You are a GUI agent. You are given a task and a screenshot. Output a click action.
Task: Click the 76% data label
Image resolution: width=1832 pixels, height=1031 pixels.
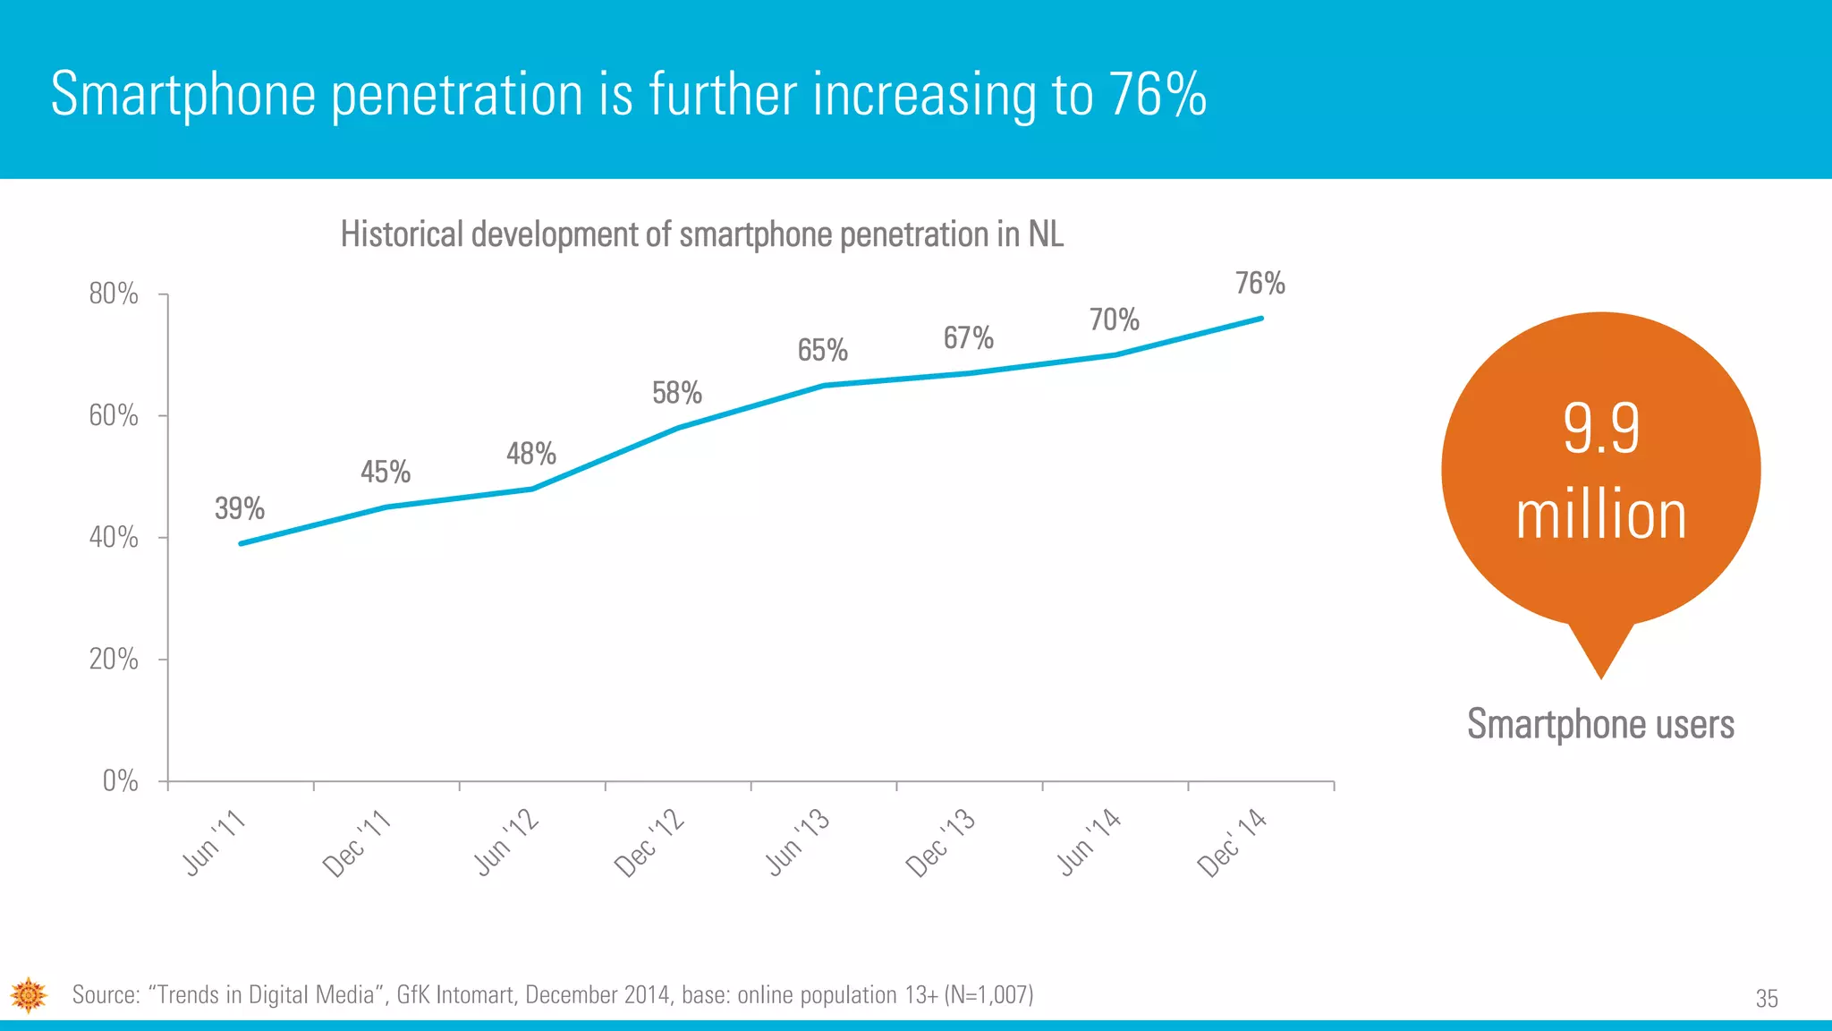1259,284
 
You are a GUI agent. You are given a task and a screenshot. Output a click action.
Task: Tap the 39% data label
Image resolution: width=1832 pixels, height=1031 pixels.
240,509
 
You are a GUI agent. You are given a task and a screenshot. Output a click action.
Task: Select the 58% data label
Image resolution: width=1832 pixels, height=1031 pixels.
676,393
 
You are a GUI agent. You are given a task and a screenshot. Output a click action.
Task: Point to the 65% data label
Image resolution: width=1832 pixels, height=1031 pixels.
822,350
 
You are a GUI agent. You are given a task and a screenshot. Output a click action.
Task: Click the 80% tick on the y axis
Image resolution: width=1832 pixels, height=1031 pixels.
114,294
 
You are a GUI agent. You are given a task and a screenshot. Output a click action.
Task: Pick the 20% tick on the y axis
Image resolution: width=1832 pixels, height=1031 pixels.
114,660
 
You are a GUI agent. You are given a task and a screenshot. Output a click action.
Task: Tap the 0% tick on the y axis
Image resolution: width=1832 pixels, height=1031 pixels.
120,781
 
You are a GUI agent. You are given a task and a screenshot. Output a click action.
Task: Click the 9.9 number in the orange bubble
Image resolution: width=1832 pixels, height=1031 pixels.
1601,429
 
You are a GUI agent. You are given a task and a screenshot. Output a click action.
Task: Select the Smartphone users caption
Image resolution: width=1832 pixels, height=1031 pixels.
1600,724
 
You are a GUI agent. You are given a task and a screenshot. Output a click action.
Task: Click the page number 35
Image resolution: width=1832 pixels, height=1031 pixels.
1766,999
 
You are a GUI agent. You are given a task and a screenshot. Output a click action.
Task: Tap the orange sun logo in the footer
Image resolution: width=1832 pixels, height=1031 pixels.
29,995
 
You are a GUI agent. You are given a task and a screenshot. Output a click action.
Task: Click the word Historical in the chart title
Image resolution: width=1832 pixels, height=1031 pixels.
402,234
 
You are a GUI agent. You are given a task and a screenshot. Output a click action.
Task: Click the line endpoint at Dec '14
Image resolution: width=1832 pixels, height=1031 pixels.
1260,319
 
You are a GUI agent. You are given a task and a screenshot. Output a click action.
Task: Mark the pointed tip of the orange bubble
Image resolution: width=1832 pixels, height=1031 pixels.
1600,677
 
